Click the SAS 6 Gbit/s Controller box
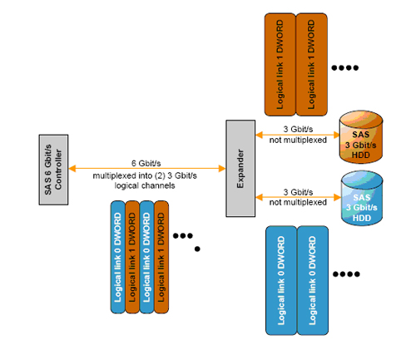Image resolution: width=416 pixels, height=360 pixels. point(53,170)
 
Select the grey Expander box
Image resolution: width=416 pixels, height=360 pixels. point(240,168)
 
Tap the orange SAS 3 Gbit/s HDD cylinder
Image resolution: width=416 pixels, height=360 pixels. point(361,137)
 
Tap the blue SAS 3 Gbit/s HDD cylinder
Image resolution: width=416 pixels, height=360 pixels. point(362,198)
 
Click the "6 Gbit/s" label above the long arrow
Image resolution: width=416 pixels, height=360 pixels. point(146,163)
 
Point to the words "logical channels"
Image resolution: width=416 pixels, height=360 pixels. point(145,185)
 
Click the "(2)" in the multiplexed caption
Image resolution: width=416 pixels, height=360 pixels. point(160,175)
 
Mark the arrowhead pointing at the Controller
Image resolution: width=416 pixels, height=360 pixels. point(72,169)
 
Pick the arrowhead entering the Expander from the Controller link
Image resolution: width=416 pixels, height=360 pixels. point(222,169)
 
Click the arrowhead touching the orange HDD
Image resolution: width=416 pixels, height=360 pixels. point(336,135)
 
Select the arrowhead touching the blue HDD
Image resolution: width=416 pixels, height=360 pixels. point(338,197)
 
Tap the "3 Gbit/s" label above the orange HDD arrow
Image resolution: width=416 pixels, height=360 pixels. point(298,129)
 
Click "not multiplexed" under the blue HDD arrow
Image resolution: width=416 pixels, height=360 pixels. point(298,202)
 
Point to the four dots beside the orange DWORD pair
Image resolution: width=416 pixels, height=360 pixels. point(345,67)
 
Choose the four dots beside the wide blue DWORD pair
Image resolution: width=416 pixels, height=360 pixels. point(346,274)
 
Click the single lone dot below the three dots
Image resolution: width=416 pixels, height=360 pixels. point(197,249)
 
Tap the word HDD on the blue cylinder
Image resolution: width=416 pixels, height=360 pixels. point(362,218)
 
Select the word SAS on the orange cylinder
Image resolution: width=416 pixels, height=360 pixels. point(361,135)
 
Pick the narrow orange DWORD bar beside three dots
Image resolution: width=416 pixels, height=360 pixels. point(161,257)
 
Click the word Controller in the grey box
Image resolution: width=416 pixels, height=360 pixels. point(58,170)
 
